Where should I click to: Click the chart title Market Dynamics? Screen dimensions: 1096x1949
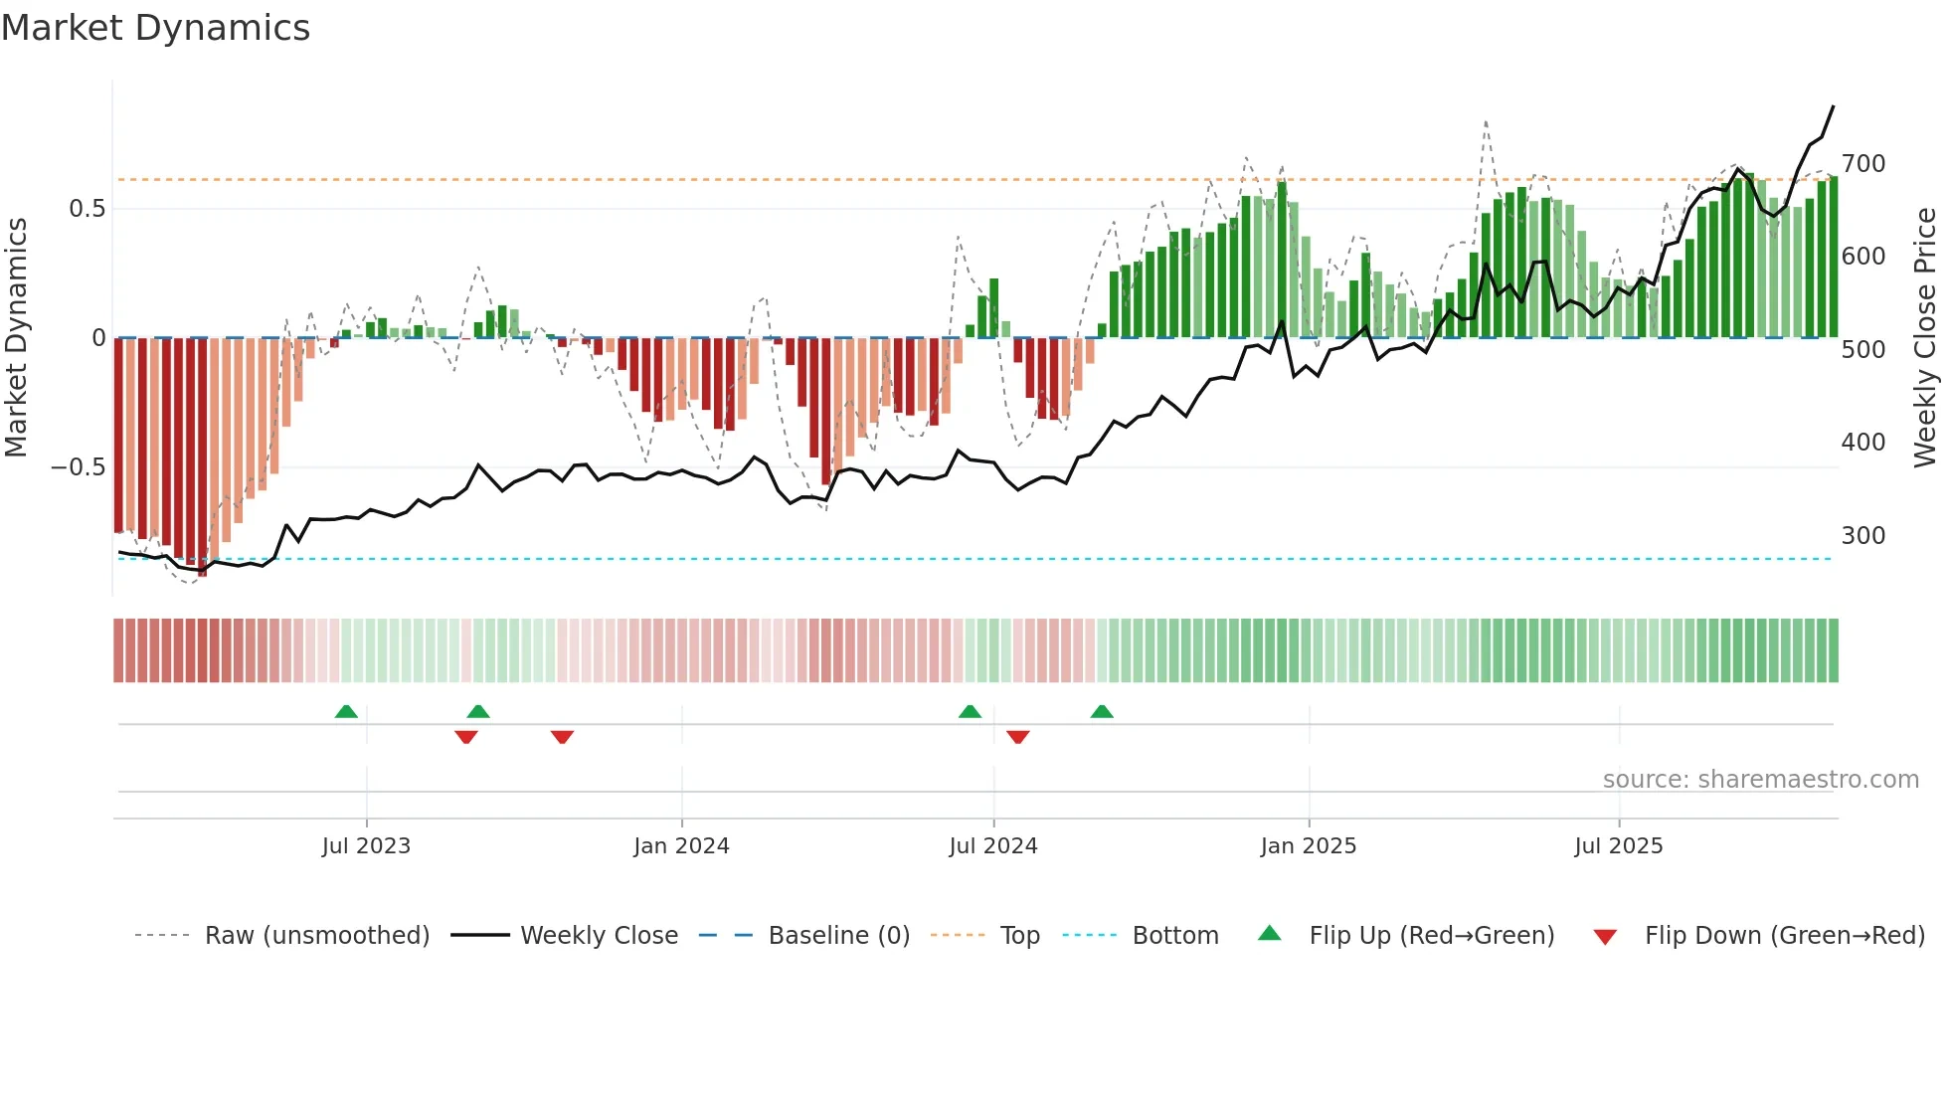point(155,28)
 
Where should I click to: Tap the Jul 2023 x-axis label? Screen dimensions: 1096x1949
point(366,846)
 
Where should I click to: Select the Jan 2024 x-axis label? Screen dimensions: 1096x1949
point(681,846)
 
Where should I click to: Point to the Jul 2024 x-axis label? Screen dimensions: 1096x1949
point(992,846)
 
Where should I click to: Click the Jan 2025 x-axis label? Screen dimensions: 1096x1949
point(1308,846)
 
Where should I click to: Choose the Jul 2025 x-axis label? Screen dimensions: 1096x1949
point(1618,846)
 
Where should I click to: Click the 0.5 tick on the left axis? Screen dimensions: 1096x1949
point(87,209)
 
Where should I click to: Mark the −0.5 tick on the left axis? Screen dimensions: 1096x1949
point(78,467)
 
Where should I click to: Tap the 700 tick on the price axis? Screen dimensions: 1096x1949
point(1862,163)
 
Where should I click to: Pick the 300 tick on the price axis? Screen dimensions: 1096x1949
point(1862,536)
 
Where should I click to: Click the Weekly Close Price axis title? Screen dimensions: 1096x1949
point(1925,338)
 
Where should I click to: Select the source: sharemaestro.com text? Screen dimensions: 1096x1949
point(1760,780)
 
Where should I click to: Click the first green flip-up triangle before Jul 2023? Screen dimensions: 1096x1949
point(346,712)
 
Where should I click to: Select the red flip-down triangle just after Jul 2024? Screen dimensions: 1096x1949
point(1017,737)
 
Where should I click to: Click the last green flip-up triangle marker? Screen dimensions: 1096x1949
point(1102,712)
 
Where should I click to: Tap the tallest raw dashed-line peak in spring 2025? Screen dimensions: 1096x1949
point(1486,122)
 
